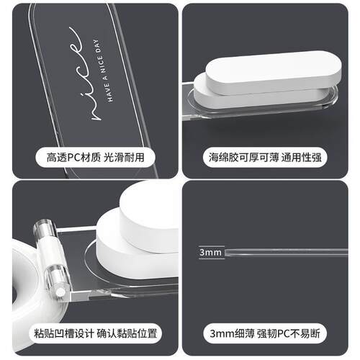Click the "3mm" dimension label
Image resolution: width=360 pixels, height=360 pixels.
click(210, 253)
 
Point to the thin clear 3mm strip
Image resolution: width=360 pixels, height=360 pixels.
click(288, 253)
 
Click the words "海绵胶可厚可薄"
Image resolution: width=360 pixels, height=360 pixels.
click(239, 156)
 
